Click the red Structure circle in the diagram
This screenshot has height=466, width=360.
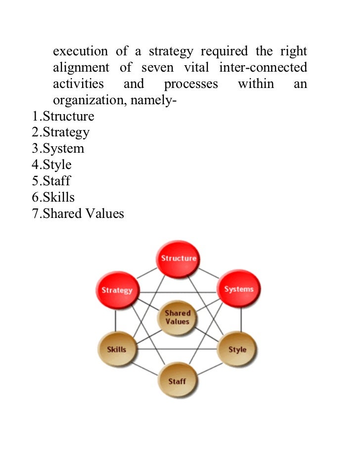[179, 258]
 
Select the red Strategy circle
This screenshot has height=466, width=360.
[117, 290]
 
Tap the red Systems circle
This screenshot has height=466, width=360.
[238, 289]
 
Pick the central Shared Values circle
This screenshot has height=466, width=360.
[178, 317]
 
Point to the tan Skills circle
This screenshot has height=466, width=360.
[117, 349]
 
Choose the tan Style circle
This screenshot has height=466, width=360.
[237, 349]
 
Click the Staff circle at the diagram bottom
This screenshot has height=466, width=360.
[177, 381]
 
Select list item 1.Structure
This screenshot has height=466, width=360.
[63, 117]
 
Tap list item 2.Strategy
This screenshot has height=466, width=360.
[61, 132]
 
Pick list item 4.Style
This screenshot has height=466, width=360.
[52, 165]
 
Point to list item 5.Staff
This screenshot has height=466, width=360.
[51, 181]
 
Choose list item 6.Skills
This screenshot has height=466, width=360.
[53, 197]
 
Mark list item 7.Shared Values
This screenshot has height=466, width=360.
[78, 213]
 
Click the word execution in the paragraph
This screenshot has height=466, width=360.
[80, 51]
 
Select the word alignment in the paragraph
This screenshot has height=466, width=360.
[81, 68]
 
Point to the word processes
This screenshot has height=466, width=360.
[191, 84]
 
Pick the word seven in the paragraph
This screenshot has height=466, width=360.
[158, 68]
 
